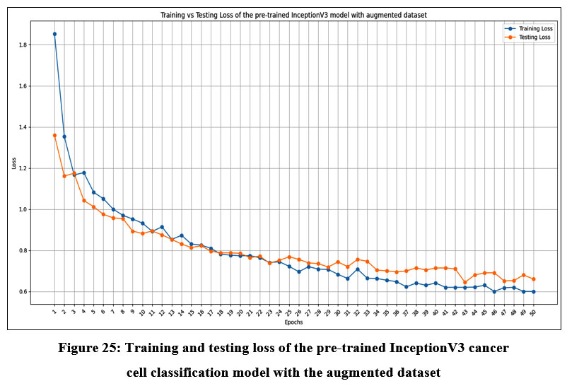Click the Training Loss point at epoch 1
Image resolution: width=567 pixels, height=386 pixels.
click(54, 34)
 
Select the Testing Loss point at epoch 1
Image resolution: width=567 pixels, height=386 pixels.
click(54, 135)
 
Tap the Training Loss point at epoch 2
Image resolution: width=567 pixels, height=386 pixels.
click(64, 136)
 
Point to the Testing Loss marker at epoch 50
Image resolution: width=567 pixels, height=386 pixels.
click(533, 279)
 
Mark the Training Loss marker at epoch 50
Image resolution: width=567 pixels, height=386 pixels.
click(533, 291)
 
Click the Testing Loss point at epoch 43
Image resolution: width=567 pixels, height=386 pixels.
click(464, 282)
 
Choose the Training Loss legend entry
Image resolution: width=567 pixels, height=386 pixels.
click(524, 29)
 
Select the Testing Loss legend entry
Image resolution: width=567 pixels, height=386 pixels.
click(523, 37)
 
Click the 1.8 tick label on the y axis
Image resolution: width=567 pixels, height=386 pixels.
click(23, 45)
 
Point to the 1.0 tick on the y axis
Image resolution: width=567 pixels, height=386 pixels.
click(23, 210)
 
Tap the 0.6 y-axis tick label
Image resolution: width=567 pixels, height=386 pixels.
click(23, 292)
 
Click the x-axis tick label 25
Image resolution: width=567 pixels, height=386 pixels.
click(288, 311)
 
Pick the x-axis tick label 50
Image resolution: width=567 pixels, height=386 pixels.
click(532, 311)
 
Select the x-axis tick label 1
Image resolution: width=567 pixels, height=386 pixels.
click(54, 310)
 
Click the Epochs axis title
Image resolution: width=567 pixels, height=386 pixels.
click(293, 321)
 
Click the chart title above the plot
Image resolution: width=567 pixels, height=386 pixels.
click(293, 15)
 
